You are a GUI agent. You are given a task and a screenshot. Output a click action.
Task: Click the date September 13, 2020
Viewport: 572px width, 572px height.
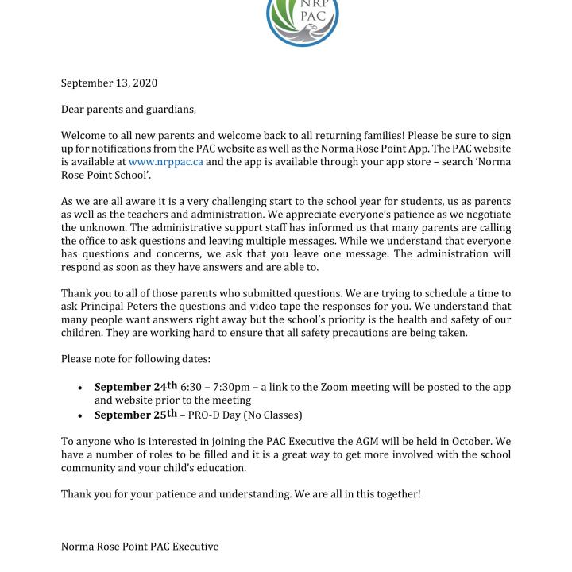109,83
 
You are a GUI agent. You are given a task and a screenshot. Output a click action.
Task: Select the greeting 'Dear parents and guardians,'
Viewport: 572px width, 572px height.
128,109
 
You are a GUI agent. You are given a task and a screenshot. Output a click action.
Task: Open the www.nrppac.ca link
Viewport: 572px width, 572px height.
165,161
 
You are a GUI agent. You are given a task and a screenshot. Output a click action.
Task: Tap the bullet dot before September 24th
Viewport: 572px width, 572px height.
80,388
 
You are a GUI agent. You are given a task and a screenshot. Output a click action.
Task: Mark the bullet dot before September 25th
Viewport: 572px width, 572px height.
80,415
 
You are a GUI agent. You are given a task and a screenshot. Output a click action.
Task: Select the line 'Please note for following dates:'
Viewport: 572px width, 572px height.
136,359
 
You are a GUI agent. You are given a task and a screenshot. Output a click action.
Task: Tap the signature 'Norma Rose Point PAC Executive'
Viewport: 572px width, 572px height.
140,547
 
